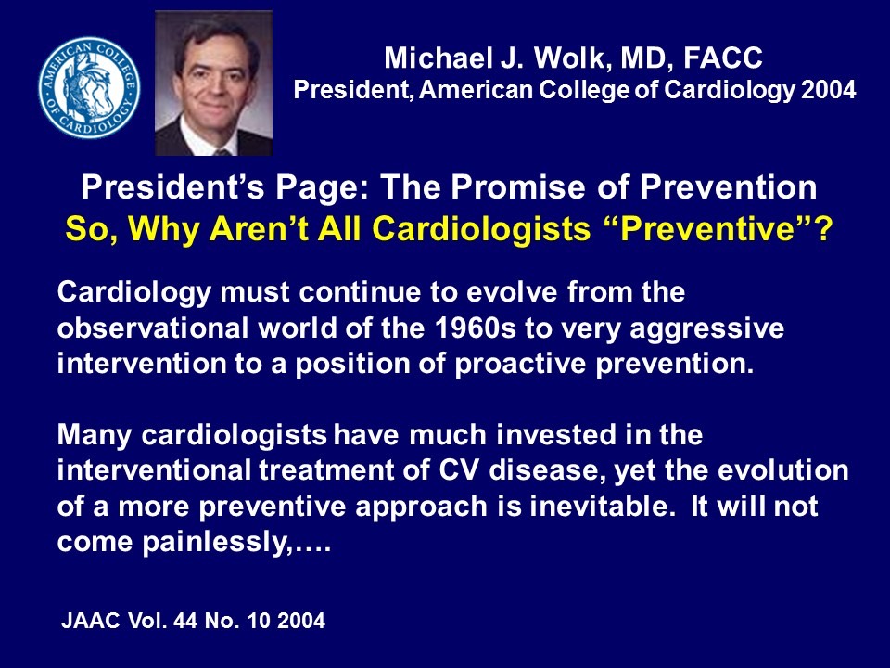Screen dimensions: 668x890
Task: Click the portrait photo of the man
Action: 213,83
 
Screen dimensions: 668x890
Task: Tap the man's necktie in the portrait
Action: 221,148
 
